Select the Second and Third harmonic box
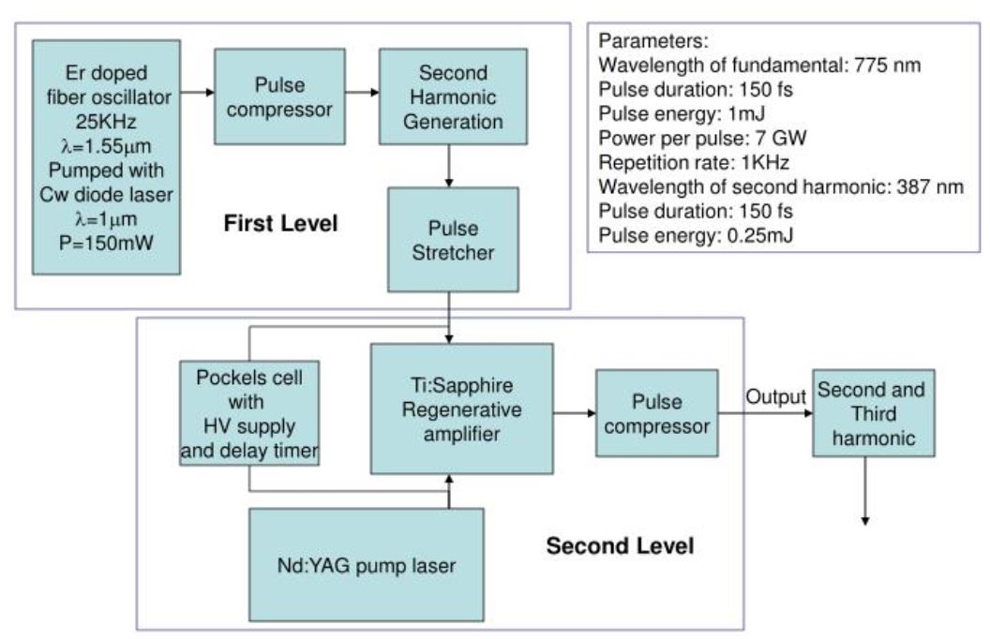(874, 413)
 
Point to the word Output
(775, 396)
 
